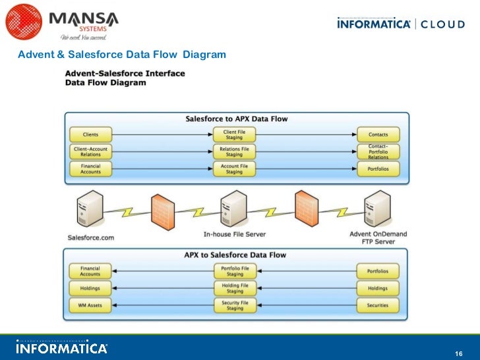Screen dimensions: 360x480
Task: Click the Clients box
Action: [90, 135]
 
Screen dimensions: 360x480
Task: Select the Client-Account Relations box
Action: [90, 152]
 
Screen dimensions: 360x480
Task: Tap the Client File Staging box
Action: [235, 135]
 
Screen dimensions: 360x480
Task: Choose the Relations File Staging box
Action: [235, 152]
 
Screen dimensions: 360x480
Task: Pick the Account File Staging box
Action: [235, 169]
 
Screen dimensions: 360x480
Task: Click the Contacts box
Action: [378, 135]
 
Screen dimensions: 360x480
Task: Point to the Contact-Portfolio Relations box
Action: [378, 152]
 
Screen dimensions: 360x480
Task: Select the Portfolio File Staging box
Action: [235, 271]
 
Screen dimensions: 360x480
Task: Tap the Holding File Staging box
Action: [235, 288]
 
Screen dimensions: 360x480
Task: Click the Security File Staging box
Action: [235, 305]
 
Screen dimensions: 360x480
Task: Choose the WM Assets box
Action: [90, 305]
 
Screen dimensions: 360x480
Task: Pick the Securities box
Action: [378, 305]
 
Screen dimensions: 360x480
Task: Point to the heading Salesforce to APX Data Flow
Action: [235, 119]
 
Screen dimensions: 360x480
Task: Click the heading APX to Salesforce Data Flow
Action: [235, 255]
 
